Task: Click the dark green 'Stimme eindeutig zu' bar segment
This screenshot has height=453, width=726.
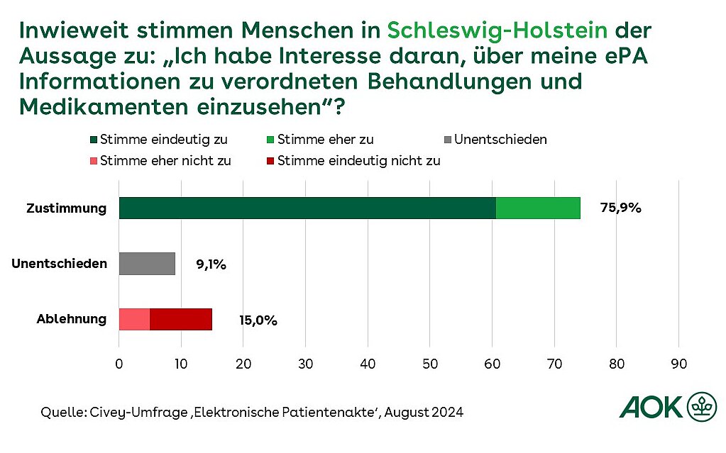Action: tap(307, 208)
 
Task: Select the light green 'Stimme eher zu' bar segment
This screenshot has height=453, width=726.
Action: tap(538, 208)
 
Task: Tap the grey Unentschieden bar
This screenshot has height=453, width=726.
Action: tap(147, 264)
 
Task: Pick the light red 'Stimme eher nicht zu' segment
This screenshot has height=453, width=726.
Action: tap(134, 319)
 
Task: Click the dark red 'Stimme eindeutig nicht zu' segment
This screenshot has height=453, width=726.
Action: tap(181, 319)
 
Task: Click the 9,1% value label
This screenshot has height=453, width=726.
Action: tap(211, 264)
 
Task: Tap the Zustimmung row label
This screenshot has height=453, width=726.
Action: tap(66, 208)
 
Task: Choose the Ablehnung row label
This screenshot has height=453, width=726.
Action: tap(71, 319)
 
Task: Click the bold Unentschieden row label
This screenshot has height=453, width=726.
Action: tap(60, 264)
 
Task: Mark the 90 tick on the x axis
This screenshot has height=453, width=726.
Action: tap(679, 364)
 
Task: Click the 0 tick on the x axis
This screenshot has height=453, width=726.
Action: tap(119, 364)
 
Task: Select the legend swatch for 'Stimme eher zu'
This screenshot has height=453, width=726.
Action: tap(271, 140)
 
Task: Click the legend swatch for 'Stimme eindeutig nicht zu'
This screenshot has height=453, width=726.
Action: tap(271, 161)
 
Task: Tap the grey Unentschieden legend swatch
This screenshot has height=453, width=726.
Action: tap(448, 140)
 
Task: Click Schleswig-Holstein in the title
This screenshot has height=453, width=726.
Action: tap(497, 31)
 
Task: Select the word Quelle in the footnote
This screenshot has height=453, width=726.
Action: tap(60, 412)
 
